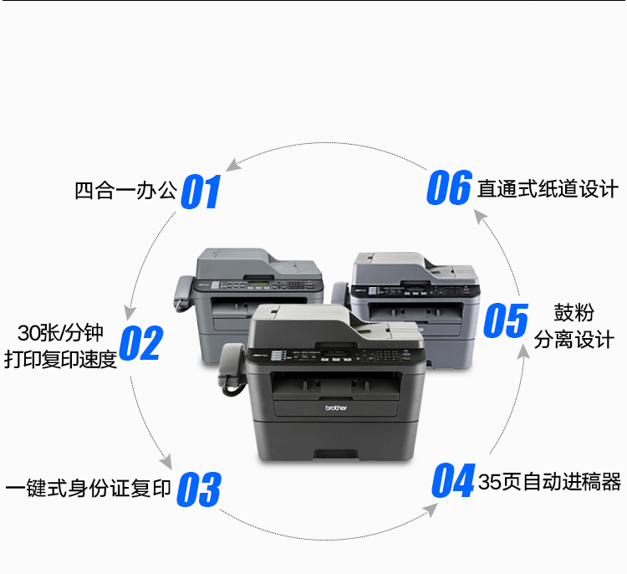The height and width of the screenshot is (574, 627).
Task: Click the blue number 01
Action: click(x=201, y=192)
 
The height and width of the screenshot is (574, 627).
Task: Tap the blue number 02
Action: click(x=141, y=343)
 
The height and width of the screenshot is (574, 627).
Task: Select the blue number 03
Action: click(x=199, y=489)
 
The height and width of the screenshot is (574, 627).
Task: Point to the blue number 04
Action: click(x=454, y=480)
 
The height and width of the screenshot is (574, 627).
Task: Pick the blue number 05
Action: click(x=506, y=320)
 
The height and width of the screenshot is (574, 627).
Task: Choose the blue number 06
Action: click(x=450, y=187)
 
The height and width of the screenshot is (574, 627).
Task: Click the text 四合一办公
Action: click(x=125, y=191)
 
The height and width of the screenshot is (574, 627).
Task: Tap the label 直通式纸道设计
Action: click(x=548, y=188)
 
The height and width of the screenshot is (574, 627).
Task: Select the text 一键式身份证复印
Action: click(x=88, y=488)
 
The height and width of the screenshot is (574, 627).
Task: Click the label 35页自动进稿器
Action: click(x=549, y=481)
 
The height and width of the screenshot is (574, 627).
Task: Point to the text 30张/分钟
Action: click(x=60, y=333)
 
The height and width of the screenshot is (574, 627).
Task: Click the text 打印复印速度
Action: click(x=60, y=359)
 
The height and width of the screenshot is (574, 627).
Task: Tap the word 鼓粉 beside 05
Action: click(x=573, y=313)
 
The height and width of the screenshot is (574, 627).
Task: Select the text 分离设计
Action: click(x=573, y=340)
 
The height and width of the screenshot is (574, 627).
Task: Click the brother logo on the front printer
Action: click(x=336, y=407)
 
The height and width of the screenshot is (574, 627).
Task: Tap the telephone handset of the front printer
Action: click(x=232, y=369)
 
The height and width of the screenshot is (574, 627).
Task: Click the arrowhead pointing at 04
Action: click(x=431, y=510)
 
